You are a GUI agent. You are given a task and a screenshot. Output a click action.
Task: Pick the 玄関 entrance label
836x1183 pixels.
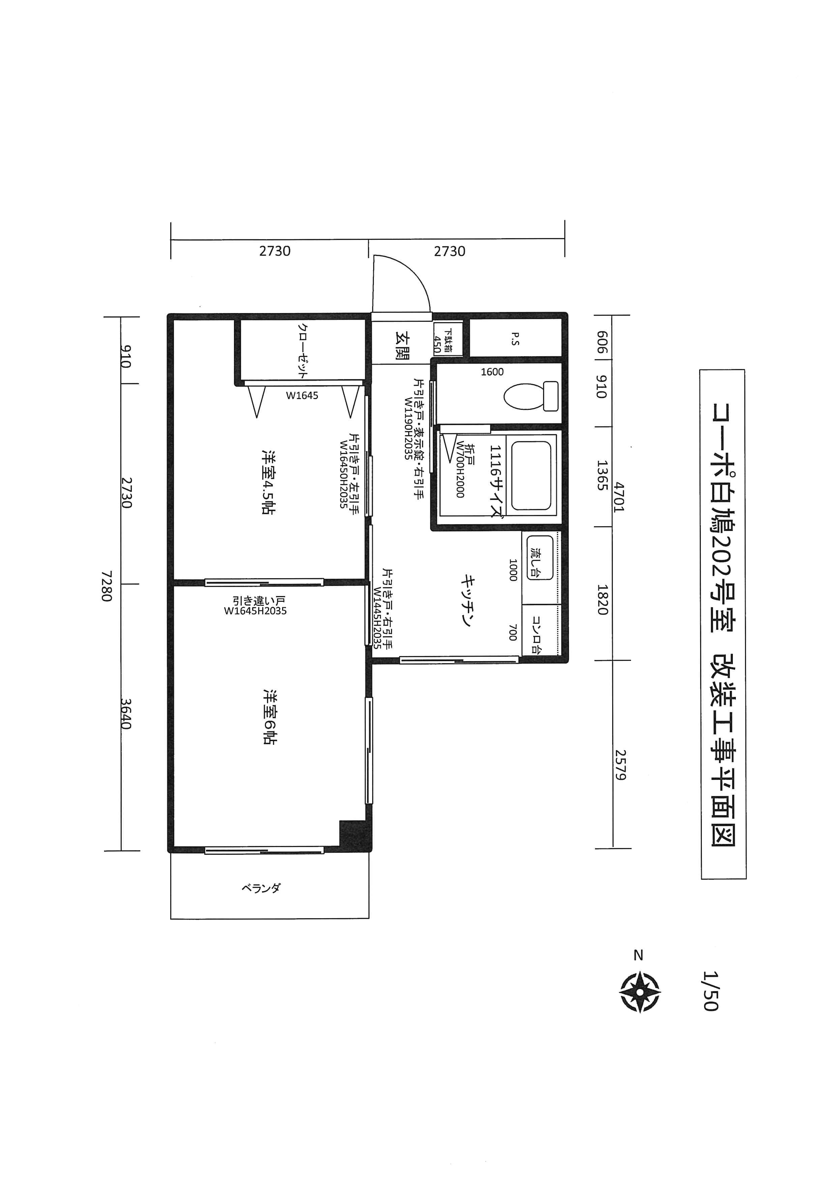(402, 345)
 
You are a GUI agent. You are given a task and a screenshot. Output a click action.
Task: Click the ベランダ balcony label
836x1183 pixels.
(262, 888)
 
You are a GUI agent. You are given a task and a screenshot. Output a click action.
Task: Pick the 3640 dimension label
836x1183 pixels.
(126, 714)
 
